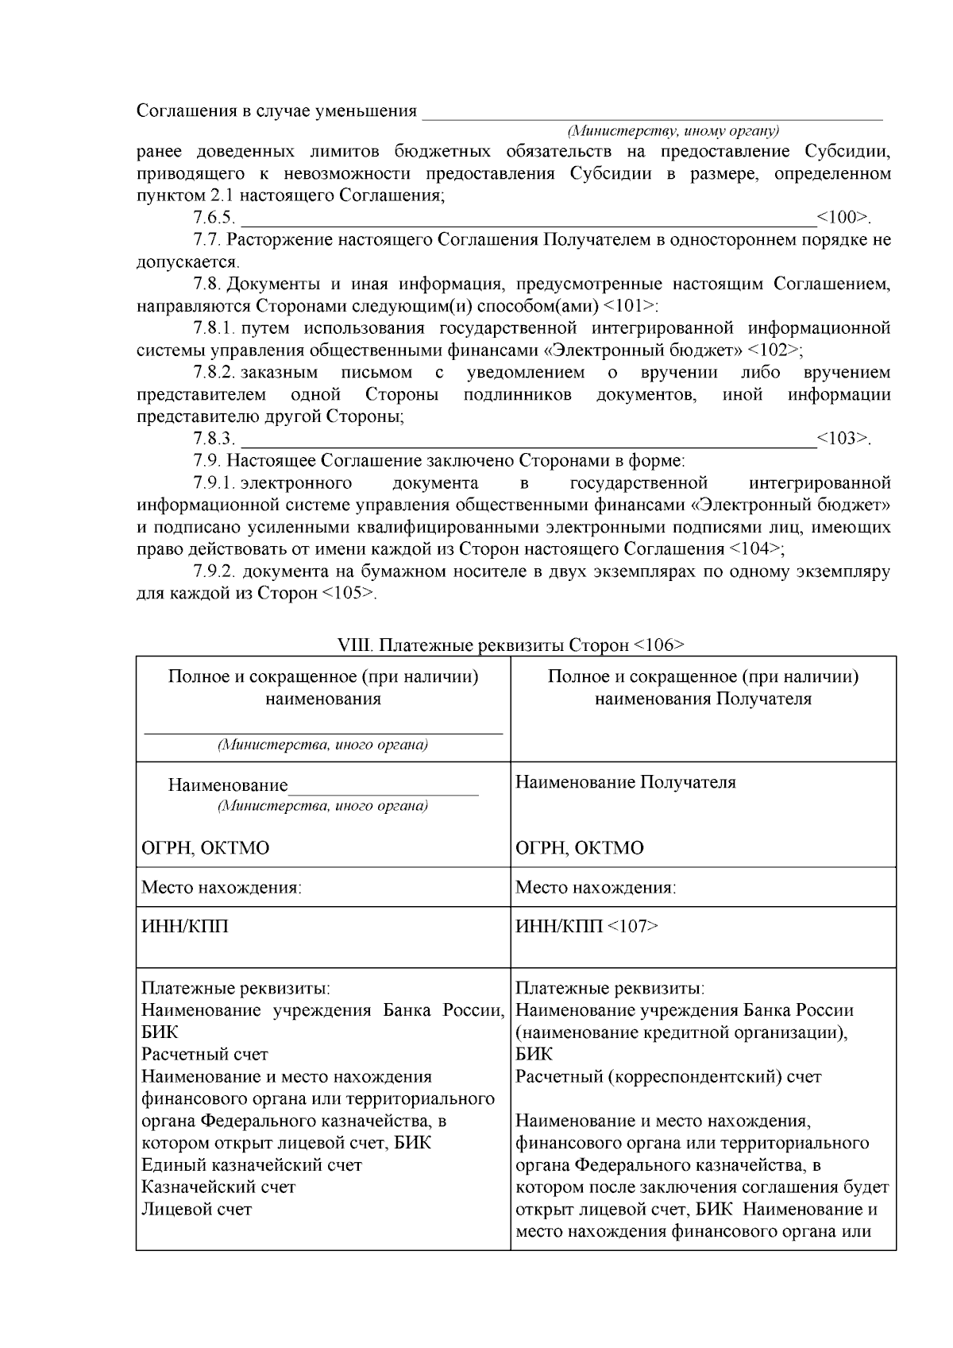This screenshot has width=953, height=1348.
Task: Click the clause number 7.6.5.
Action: (214, 218)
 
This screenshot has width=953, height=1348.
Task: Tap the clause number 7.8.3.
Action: (214, 439)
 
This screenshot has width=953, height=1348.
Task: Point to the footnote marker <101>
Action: (631, 306)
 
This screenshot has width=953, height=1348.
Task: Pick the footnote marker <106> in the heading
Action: (659, 645)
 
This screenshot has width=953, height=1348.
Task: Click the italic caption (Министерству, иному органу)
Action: (672, 130)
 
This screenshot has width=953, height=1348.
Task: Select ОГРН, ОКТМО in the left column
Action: (205, 848)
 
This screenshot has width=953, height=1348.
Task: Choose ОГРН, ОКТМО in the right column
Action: (580, 848)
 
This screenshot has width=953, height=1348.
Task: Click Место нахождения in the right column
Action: (596, 887)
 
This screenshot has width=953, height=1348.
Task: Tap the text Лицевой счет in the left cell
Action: (196, 1210)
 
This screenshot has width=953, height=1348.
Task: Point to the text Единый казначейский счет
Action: (251, 1165)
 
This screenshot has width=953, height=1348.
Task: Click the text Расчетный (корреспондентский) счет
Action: (669, 1077)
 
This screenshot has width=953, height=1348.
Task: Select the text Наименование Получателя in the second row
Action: (626, 782)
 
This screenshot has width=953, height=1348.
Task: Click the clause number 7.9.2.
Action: (214, 571)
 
